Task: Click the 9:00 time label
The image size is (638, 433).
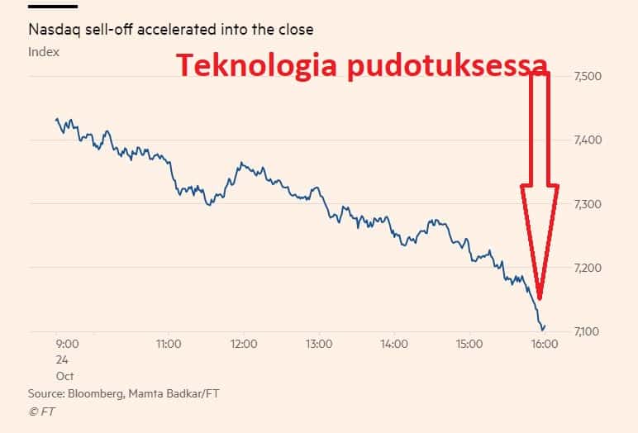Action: (67, 344)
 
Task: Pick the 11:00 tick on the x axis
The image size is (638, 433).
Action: (168, 344)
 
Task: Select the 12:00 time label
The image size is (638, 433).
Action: (244, 344)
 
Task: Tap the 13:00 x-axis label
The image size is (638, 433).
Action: (319, 344)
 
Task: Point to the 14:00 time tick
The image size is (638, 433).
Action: (394, 344)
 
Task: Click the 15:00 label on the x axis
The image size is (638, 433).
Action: (469, 344)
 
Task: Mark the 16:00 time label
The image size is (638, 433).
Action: (543, 344)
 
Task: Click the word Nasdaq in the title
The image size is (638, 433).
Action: (51, 30)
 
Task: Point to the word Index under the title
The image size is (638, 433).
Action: (44, 52)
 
